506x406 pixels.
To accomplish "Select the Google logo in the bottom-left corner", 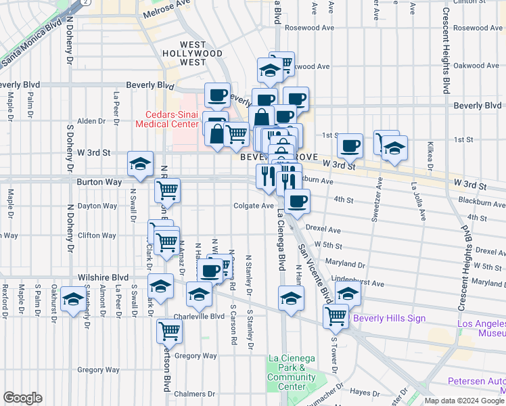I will (x=22, y=398).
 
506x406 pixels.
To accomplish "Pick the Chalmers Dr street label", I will (x=193, y=394).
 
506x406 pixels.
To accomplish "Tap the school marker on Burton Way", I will (x=140, y=164).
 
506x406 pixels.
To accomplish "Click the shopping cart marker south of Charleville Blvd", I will (x=168, y=331).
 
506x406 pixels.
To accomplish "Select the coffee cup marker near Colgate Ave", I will (x=297, y=200).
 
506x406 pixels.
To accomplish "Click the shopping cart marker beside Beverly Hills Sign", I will (x=336, y=315).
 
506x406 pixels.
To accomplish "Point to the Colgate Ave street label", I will (x=253, y=206).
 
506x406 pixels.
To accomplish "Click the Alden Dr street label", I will (x=91, y=121).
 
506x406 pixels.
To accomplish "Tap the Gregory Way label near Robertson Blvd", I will (x=195, y=356).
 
